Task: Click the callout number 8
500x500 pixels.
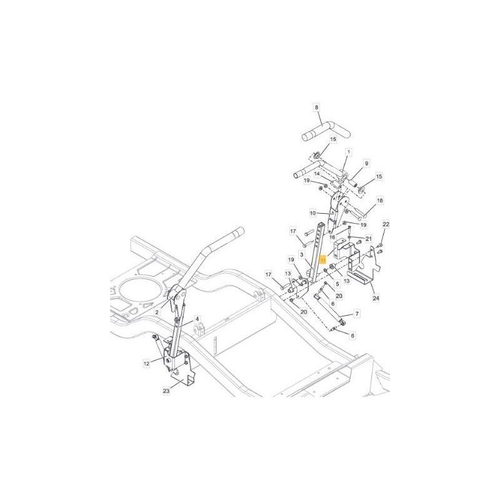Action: pos(317,107)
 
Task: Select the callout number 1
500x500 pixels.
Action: pos(348,151)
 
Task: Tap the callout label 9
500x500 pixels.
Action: pos(367,163)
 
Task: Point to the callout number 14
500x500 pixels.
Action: pos(317,174)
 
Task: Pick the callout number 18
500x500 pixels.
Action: pos(380,201)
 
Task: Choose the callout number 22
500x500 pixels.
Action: pos(386,223)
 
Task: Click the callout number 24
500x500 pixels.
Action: pos(376,299)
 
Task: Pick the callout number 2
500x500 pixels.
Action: pos(157,311)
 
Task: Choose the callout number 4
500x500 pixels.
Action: pos(197,319)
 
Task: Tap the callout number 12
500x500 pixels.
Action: pos(146,362)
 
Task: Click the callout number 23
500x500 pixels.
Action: pos(166,391)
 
